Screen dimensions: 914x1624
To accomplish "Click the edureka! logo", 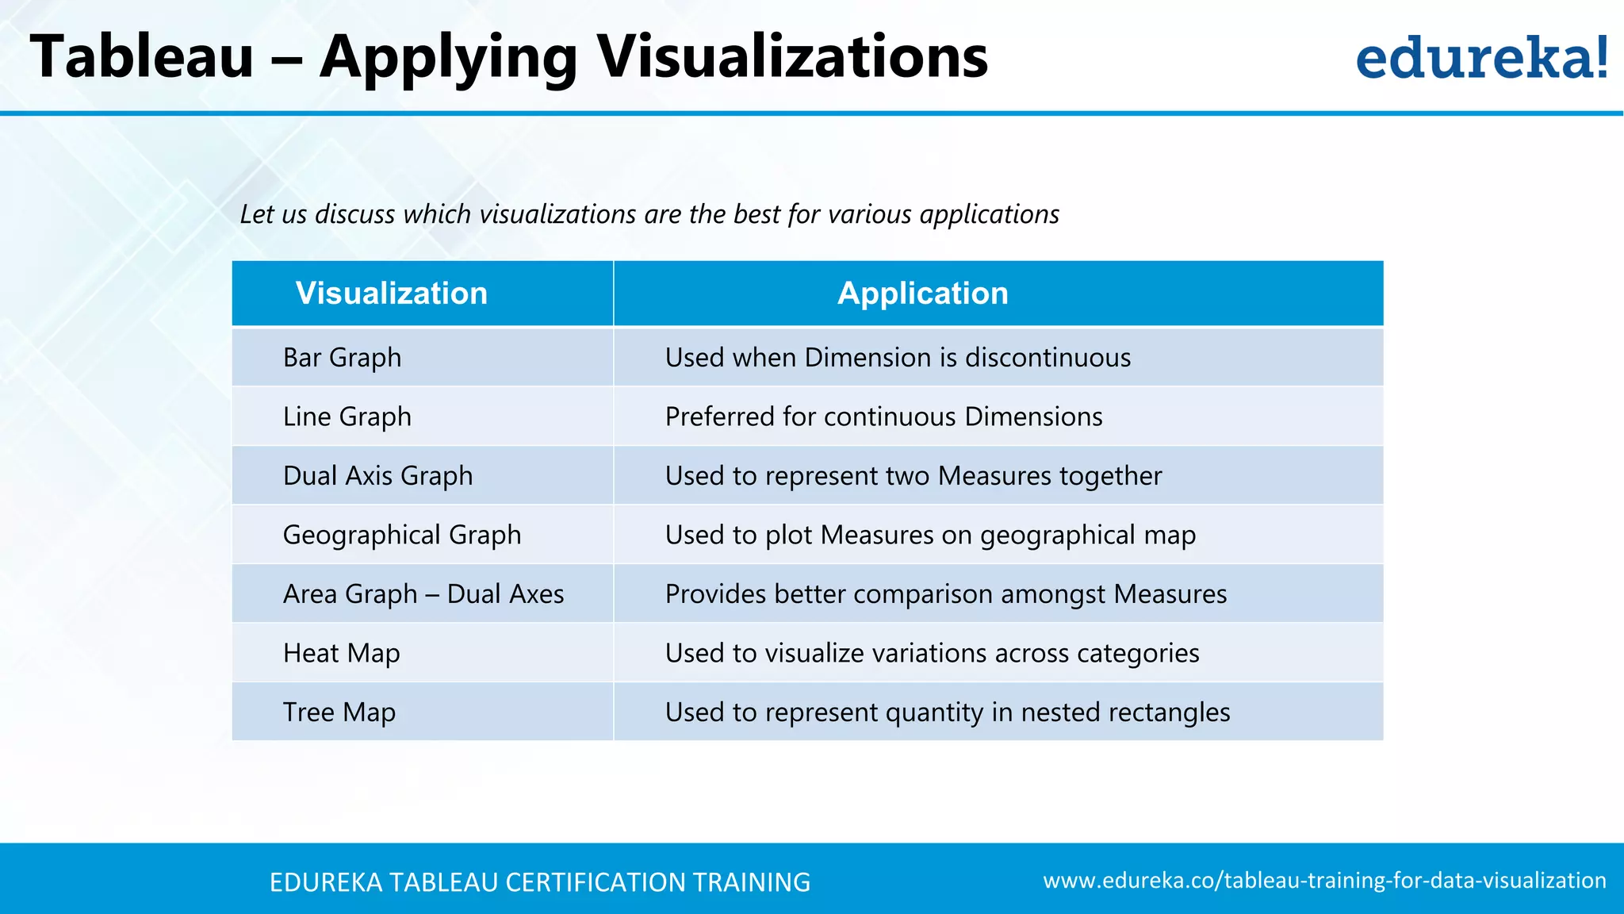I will click(1481, 58).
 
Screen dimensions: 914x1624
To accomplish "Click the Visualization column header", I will click(392, 294).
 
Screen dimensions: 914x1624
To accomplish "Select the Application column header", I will click(923, 294).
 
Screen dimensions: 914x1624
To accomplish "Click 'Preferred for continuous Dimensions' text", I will click(883, 417).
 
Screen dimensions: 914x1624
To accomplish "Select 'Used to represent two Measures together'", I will click(913, 476).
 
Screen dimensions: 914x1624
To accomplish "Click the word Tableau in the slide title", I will click(142, 57).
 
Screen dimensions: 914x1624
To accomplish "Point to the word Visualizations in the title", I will click(792, 57).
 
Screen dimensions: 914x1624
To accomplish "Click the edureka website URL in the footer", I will click(1324, 881).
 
